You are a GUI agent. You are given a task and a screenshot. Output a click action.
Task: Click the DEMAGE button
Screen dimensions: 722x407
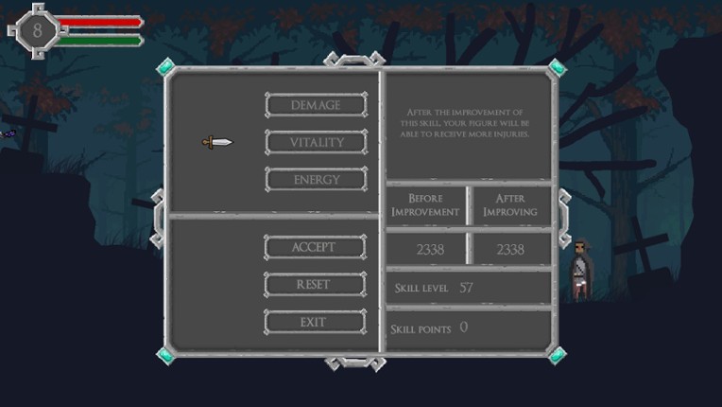pyautogui.click(x=317, y=105)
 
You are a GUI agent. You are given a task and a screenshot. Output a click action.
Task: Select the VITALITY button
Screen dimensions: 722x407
pyautogui.click(x=317, y=142)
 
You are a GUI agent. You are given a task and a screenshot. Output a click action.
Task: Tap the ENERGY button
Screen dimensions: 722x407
pyautogui.click(x=317, y=179)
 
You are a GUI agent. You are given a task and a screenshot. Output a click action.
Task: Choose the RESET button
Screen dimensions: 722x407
pyautogui.click(x=315, y=284)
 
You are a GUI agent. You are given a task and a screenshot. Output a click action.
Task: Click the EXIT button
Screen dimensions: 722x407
pyautogui.click(x=315, y=322)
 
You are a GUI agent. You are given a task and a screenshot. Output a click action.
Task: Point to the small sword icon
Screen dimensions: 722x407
pyautogui.click(x=217, y=142)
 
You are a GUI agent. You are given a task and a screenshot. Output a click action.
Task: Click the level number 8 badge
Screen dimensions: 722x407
pyautogui.click(x=37, y=31)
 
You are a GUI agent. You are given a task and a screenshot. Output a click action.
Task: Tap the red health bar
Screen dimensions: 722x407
pyautogui.click(x=100, y=22)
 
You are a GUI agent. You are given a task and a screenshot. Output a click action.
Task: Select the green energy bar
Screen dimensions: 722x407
pyautogui.click(x=100, y=41)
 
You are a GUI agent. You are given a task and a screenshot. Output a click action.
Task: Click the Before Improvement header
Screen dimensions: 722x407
pyautogui.click(x=425, y=205)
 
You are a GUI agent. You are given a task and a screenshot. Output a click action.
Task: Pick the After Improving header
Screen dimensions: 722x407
pyautogui.click(x=510, y=205)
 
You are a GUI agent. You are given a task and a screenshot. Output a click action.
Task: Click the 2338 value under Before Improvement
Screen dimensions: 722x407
pyautogui.click(x=430, y=249)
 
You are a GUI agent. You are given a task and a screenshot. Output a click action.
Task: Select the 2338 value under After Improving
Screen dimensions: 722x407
pyautogui.click(x=510, y=249)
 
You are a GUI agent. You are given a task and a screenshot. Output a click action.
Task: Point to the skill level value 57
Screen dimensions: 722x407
pyautogui.click(x=466, y=288)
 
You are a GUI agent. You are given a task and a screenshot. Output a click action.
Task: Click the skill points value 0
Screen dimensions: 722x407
pyautogui.click(x=464, y=327)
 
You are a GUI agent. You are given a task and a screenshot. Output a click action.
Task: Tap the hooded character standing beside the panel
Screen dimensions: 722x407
pyautogui.click(x=580, y=270)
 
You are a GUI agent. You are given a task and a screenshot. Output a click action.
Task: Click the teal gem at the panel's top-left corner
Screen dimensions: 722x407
pyautogui.click(x=165, y=67)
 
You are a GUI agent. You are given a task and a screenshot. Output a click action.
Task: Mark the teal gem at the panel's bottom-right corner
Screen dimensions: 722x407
pyautogui.click(x=557, y=355)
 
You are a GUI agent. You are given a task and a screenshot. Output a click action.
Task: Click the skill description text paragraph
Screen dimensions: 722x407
pyautogui.click(x=465, y=123)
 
